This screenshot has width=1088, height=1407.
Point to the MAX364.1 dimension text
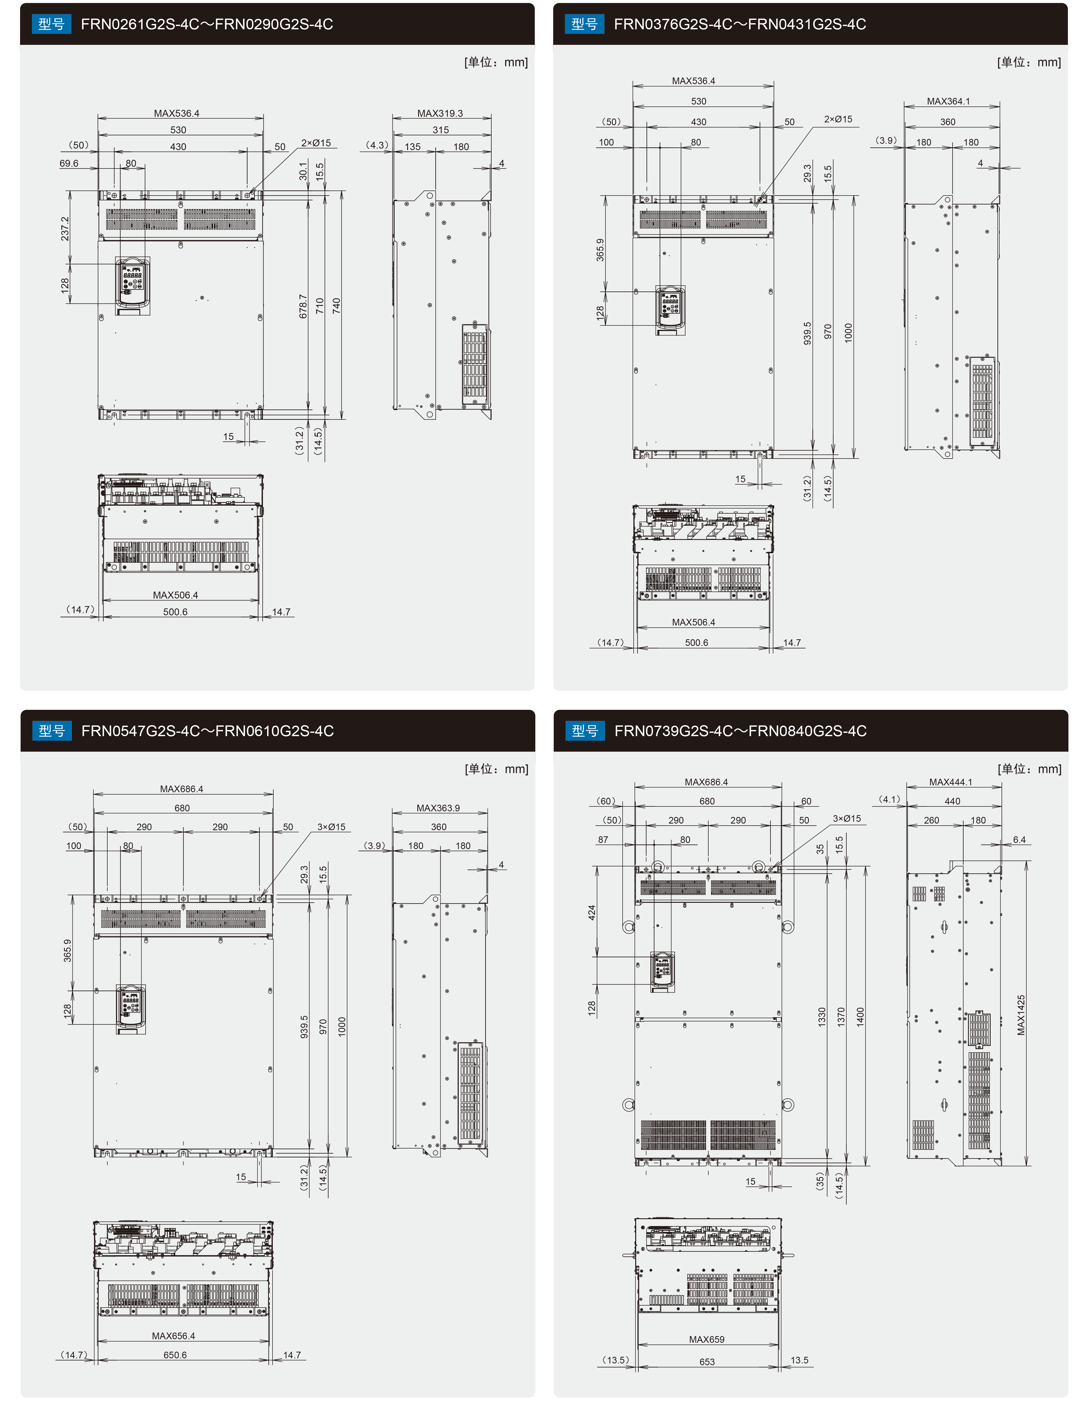click(x=948, y=101)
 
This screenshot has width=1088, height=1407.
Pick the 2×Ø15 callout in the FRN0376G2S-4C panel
click(x=838, y=119)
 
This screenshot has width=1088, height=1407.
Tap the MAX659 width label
click(x=707, y=1339)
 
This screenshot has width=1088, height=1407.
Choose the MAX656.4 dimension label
click(x=173, y=1335)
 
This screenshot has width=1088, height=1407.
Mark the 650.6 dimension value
click(x=175, y=1355)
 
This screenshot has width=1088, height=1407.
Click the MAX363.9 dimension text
click(x=438, y=808)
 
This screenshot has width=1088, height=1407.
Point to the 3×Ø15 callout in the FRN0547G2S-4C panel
click(x=331, y=827)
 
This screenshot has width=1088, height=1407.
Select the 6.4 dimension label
click(x=1019, y=839)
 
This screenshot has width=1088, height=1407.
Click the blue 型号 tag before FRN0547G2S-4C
click(x=52, y=731)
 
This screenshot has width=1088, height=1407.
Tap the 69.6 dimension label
click(x=69, y=164)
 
